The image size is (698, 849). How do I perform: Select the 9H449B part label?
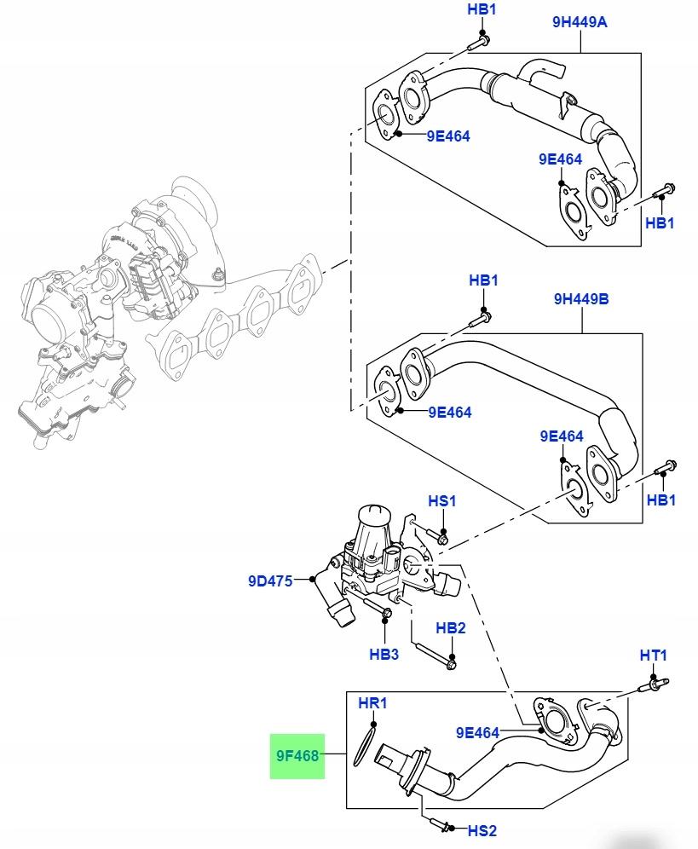tap(580, 299)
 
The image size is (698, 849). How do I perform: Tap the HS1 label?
tap(441, 501)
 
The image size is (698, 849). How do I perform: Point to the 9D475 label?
tap(269, 581)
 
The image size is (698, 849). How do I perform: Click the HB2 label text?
tap(451, 628)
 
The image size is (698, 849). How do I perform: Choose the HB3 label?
tap(384, 655)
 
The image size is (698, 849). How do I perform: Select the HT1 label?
tap(654, 655)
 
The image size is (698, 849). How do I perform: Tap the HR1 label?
tap(372, 704)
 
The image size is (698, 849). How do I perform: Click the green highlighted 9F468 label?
tap(297, 756)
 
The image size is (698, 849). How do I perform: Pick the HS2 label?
tap(482, 829)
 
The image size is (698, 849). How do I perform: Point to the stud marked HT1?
tap(654, 684)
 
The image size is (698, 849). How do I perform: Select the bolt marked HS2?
tap(441, 825)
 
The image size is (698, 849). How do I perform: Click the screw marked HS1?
tap(441, 537)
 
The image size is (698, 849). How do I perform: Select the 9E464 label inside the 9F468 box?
tap(478, 732)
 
